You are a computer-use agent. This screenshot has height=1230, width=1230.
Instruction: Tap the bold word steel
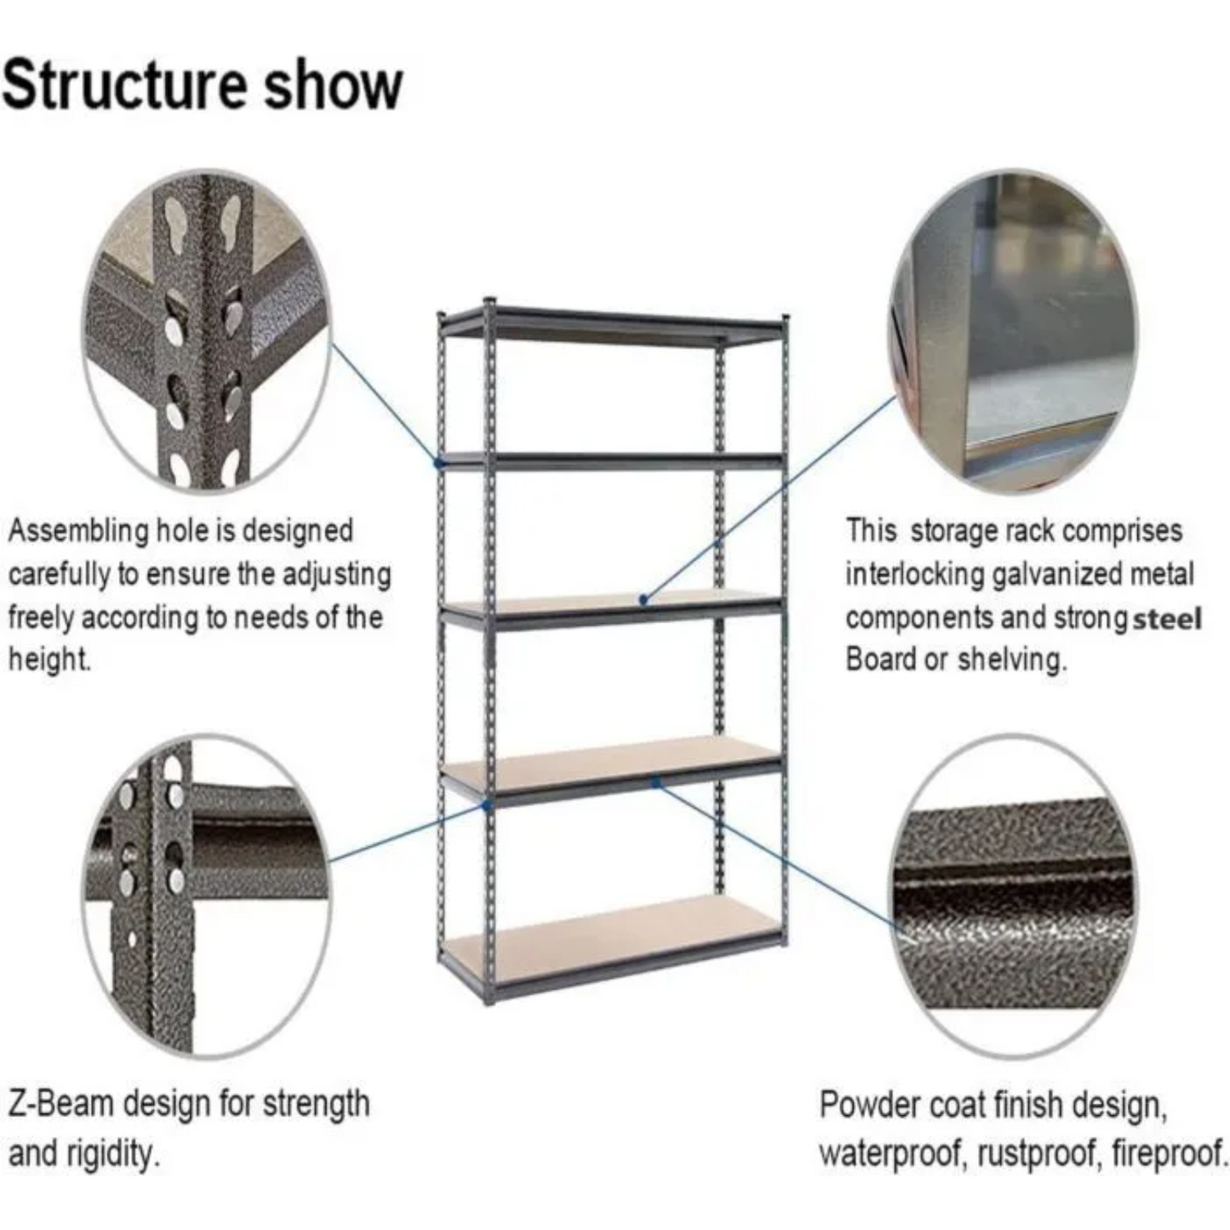[x=1167, y=618]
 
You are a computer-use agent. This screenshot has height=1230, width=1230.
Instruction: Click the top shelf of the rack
[x=613, y=324]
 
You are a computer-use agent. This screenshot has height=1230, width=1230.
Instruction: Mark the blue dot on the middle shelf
[x=644, y=600]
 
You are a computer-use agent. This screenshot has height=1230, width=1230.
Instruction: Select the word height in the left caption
[x=48, y=659]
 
